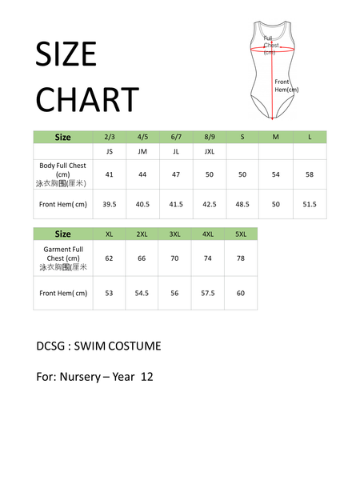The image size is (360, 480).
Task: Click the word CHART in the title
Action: point(87,100)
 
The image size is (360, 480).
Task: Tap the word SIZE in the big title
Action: point(66,55)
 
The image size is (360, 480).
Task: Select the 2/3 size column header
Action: point(110,137)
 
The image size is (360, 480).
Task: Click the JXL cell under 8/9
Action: point(209,151)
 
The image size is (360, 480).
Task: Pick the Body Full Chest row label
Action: point(63,174)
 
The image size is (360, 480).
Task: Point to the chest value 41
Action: point(110,174)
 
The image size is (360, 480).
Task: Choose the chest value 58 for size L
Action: point(310,174)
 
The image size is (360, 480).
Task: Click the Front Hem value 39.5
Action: point(110,204)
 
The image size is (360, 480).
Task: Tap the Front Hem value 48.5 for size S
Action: point(242,204)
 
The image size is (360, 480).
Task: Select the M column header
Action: point(276,137)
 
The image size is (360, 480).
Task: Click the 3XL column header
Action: point(175,234)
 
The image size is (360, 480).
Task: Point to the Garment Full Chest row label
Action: point(63,258)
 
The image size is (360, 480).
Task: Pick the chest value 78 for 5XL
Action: point(241,258)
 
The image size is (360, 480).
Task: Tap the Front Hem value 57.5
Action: point(208,293)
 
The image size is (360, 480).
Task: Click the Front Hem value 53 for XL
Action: point(110,293)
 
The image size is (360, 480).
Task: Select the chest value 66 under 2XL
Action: point(142,258)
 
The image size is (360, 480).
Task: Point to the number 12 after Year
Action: point(146,376)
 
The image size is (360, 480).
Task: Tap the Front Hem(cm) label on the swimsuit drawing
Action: point(286,86)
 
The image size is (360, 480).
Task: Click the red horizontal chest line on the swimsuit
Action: point(272,48)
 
